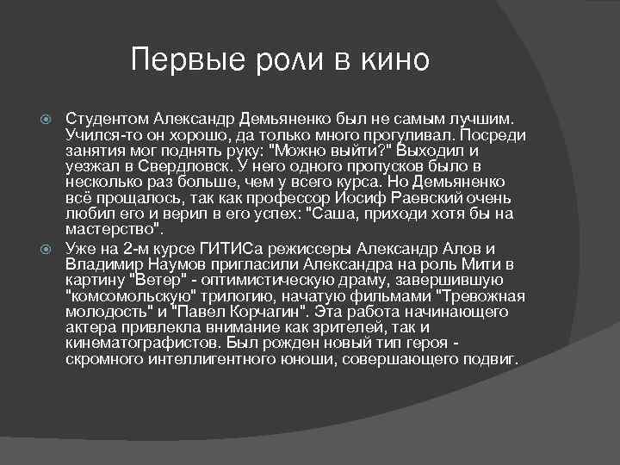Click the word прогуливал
pos(409,133)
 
